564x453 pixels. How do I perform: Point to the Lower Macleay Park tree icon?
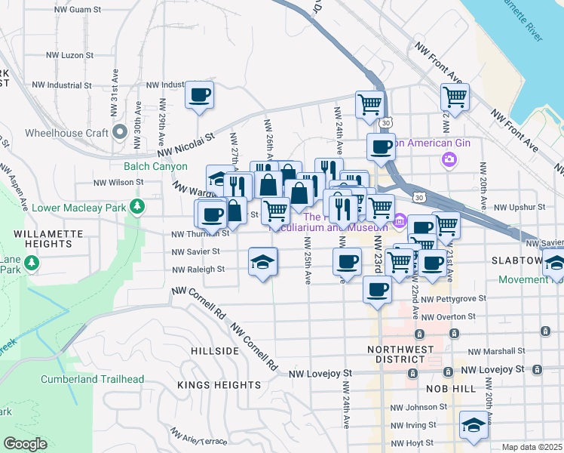tap(136, 205)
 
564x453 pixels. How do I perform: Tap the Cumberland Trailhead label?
tap(83, 379)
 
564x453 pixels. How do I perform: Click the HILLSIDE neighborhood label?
tap(214, 352)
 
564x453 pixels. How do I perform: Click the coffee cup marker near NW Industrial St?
tap(199, 95)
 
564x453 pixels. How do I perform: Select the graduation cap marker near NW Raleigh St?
tap(262, 261)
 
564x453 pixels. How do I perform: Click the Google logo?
tap(26, 444)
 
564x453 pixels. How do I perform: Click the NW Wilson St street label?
tap(118, 183)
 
